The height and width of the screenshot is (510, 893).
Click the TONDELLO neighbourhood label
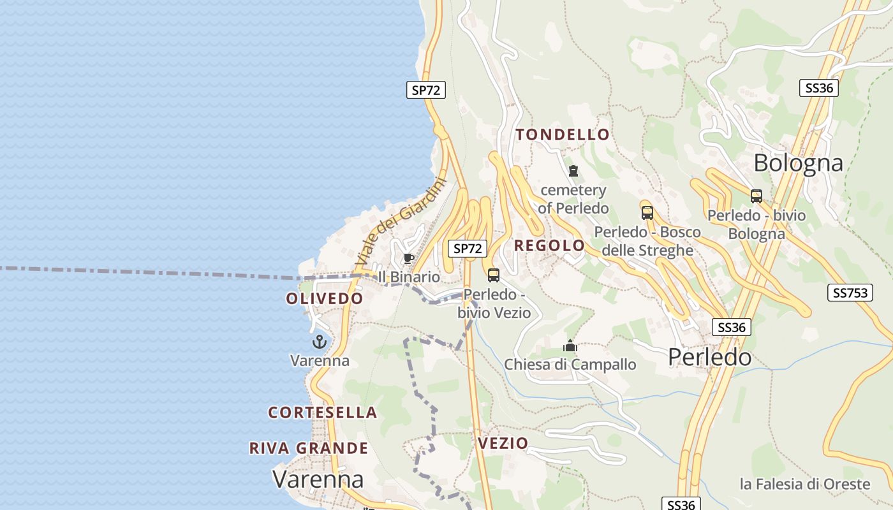[563, 135]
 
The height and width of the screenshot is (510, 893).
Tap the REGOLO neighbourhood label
[549, 245]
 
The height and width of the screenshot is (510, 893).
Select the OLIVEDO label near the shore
[325, 298]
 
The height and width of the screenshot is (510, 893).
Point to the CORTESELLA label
[323, 412]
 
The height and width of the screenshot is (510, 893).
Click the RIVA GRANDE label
[309, 448]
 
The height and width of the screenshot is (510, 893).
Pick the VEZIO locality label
[503, 443]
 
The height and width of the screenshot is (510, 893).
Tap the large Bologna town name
[798, 163]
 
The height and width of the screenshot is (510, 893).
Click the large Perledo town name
[709, 357]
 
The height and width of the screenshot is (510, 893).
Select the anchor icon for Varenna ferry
[320, 342]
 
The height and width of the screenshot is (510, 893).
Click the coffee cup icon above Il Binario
[409, 258]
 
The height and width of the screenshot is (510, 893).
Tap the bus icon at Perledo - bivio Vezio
[494, 275]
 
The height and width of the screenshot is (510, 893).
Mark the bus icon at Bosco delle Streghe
[647, 213]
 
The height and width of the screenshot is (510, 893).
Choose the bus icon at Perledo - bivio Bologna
[756, 196]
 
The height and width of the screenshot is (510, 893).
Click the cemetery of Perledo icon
[573, 171]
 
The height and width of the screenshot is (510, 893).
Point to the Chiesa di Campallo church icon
[570, 346]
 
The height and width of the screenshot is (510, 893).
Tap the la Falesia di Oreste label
[805, 484]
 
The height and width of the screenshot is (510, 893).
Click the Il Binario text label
[409, 277]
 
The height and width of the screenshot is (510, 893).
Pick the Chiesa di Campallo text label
[570, 365]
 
